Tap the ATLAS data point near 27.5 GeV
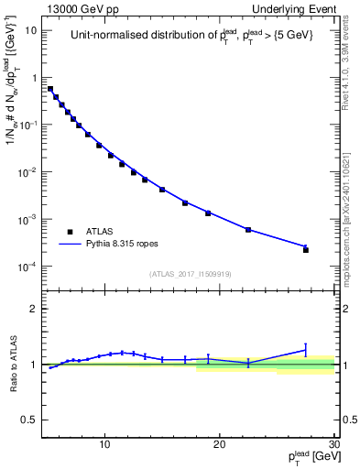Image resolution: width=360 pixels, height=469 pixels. [306, 249]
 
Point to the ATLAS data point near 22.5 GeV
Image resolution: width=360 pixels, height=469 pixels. [248, 229]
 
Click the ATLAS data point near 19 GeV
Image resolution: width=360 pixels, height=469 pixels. [208, 213]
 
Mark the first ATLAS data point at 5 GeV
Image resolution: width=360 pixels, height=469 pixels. [50, 89]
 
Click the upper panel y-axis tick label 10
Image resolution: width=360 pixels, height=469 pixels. [31, 30]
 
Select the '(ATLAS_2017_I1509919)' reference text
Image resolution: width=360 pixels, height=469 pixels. [191, 273]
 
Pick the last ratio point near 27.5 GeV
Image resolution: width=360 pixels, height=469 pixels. [306, 349]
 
